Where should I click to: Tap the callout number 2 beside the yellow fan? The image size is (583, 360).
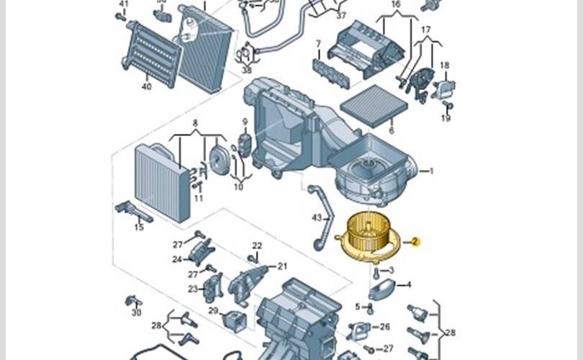[416, 242]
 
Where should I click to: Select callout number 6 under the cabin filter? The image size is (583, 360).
[392, 130]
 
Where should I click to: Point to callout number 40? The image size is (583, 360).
[147, 87]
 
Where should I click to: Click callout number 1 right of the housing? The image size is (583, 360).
[431, 171]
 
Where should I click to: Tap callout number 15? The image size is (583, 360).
[139, 227]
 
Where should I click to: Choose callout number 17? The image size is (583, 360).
[426, 30]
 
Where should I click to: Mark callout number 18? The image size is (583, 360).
[445, 66]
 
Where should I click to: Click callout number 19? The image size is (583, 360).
[446, 118]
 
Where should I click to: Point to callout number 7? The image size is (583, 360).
[317, 44]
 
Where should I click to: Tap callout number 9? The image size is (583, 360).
[245, 121]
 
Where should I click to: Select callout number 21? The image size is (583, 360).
[282, 266]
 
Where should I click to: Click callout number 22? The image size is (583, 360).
[257, 246]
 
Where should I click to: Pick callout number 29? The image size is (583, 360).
[213, 310]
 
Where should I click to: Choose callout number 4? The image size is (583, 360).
[409, 284]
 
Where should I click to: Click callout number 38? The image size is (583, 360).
[247, 71]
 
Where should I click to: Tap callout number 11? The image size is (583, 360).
[199, 198]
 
